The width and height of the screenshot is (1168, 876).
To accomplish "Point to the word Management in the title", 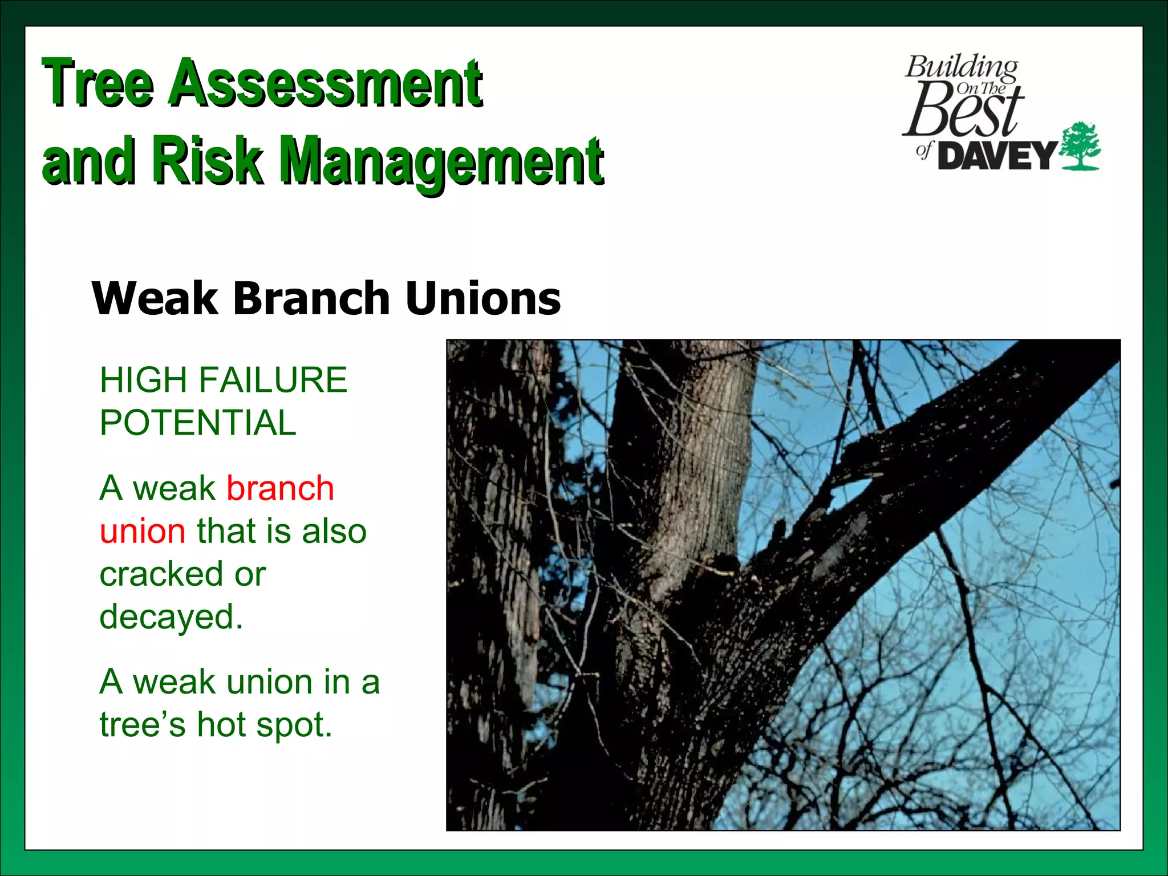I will pyautogui.click(x=443, y=163).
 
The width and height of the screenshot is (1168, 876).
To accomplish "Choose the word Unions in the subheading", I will pyautogui.click(x=483, y=298).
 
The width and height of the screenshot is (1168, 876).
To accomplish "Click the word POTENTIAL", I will pyautogui.click(x=198, y=423).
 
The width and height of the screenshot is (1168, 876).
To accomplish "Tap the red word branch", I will pyautogui.click(x=280, y=488).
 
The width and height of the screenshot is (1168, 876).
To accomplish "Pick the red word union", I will pyautogui.click(x=143, y=531).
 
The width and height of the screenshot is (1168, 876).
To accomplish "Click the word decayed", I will pyautogui.click(x=171, y=617).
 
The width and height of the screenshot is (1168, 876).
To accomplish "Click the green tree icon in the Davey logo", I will pyautogui.click(x=1080, y=146).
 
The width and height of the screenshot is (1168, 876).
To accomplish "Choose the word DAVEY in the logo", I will pyautogui.click(x=997, y=156).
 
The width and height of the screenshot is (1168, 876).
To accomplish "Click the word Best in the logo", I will pyautogui.click(x=964, y=111).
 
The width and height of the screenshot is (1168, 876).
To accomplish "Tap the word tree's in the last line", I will pyautogui.click(x=143, y=725).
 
